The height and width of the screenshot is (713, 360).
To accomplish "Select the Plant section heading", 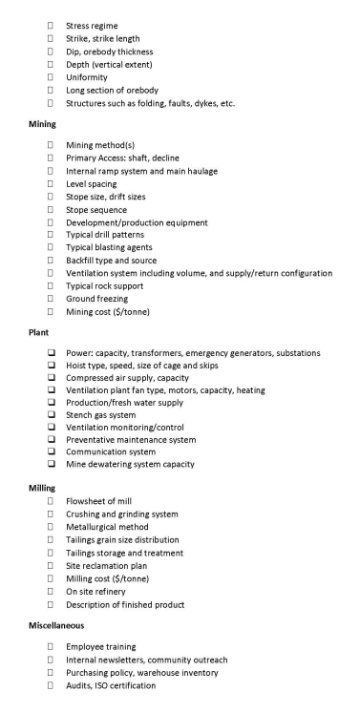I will [x=18, y=334].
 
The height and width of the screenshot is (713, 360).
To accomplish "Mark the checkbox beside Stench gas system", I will [x=50, y=415].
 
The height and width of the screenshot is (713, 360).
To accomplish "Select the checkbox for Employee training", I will [x=50, y=647].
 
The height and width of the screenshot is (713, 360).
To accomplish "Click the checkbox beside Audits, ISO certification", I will [x=50, y=685].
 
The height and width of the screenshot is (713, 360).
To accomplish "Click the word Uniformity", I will [x=87, y=76].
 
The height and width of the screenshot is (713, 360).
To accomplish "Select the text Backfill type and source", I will [x=112, y=260].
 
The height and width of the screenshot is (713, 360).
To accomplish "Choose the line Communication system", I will [x=110, y=452].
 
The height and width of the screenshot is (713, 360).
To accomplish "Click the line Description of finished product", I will [x=126, y=603].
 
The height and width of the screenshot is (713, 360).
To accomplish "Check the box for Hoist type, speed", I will [x=50, y=366].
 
